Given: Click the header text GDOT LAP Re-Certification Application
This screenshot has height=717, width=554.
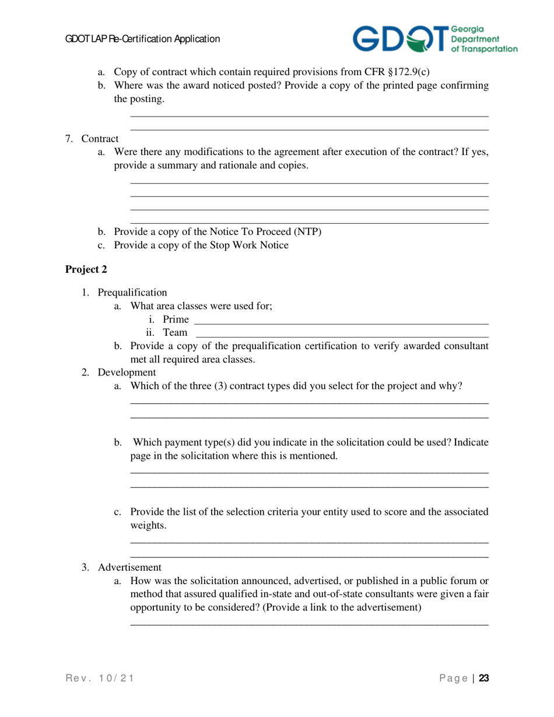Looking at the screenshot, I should [x=142, y=39].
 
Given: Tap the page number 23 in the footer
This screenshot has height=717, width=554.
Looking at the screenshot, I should [x=483, y=678].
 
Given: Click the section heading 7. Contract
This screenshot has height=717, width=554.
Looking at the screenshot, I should [x=92, y=139].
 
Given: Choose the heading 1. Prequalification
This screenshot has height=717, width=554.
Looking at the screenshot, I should [x=125, y=292].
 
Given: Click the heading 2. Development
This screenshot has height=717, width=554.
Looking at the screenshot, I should [x=119, y=372].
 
